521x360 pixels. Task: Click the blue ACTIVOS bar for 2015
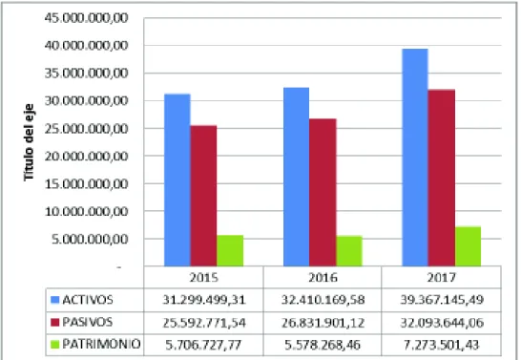point(177,180)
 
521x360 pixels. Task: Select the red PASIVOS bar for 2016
point(323,193)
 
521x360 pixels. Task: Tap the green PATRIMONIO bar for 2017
point(468,246)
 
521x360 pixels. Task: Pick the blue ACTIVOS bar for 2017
point(415,158)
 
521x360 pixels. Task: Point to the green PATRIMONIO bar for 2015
point(230,250)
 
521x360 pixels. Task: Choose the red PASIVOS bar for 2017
point(442,178)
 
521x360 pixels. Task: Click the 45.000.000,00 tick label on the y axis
point(87,18)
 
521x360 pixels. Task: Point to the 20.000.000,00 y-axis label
point(87,156)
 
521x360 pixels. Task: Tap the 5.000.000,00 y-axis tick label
point(90,239)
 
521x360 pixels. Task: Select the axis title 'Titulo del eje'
point(29,142)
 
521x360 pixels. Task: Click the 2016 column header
point(323,277)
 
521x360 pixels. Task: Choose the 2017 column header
point(441,277)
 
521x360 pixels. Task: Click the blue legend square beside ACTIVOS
point(54,300)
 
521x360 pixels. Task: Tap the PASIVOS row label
point(88,322)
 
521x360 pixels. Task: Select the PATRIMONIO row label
point(101,344)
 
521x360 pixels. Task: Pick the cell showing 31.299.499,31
point(203,300)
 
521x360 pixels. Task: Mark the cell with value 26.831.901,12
point(323,323)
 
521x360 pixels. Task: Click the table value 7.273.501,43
point(441,345)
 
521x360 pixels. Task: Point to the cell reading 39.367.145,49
point(442,300)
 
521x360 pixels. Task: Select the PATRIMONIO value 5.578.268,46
point(323,345)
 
